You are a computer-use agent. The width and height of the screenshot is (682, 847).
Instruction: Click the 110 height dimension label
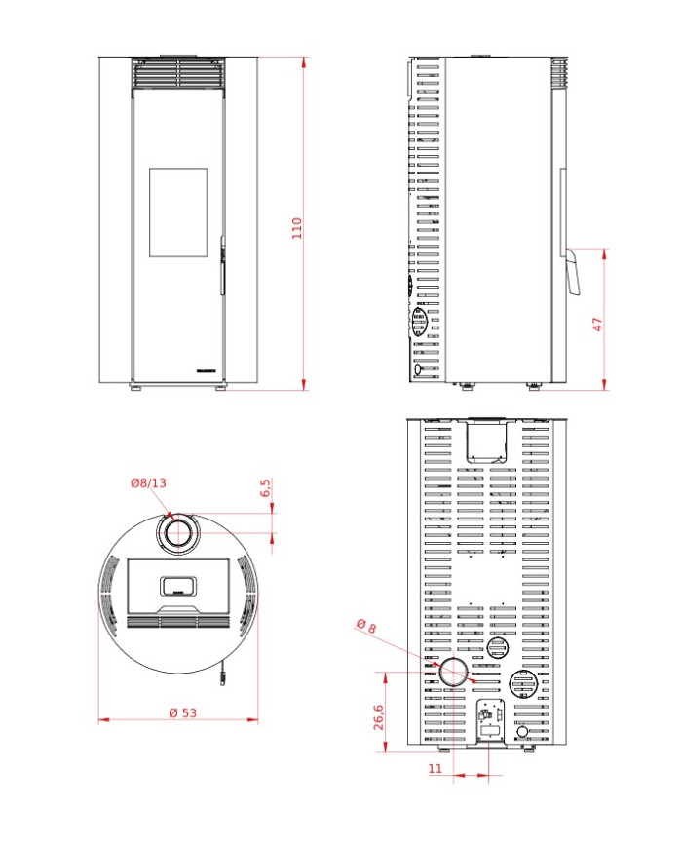point(297,227)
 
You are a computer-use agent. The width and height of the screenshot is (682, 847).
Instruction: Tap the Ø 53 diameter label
point(182,712)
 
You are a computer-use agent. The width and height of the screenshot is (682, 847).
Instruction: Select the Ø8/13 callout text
point(148,482)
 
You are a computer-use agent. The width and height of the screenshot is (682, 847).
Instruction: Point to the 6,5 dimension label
point(265,488)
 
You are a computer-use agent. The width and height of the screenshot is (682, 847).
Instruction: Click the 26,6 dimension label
point(378,718)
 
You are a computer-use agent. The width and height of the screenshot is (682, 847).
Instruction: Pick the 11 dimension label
point(435,769)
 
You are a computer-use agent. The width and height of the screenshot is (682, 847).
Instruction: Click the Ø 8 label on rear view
point(366,627)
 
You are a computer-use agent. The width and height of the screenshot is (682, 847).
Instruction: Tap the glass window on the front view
point(178,212)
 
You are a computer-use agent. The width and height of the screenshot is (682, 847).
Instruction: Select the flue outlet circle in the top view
point(177,533)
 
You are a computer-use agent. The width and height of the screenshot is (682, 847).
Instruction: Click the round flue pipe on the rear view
point(452,673)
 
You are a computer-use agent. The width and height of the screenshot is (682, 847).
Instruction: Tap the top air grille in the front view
point(178,75)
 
